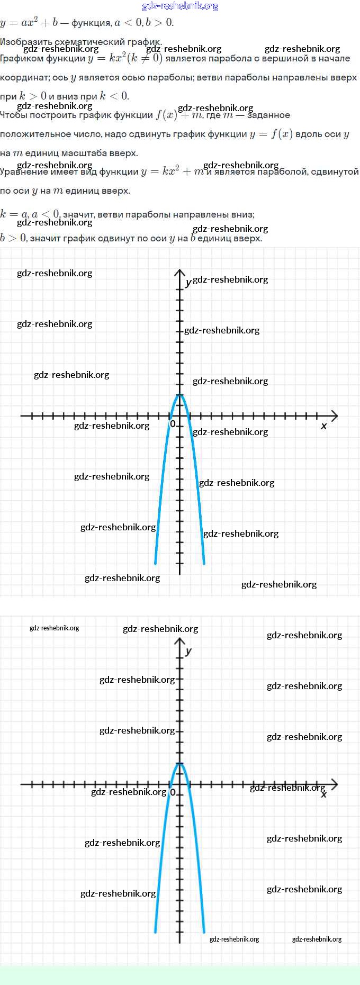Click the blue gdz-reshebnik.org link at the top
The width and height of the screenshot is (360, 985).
click(180, 6)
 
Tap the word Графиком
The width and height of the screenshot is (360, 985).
click(21, 59)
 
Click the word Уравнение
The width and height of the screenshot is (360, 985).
click(23, 172)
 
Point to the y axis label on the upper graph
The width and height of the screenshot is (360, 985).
click(188, 283)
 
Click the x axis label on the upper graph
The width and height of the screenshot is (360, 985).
click(324, 426)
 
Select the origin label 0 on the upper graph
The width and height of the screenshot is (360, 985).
click(173, 424)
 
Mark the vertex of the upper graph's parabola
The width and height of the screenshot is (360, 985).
click(180, 395)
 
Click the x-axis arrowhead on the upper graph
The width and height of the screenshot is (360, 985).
click(334, 416)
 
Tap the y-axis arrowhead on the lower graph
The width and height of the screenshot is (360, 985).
click(180, 641)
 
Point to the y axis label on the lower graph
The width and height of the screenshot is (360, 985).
click(188, 652)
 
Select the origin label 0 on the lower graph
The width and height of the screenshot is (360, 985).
click(173, 793)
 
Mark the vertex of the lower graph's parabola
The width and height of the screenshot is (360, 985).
click(180, 764)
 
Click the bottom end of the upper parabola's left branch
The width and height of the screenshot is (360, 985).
click(155, 563)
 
